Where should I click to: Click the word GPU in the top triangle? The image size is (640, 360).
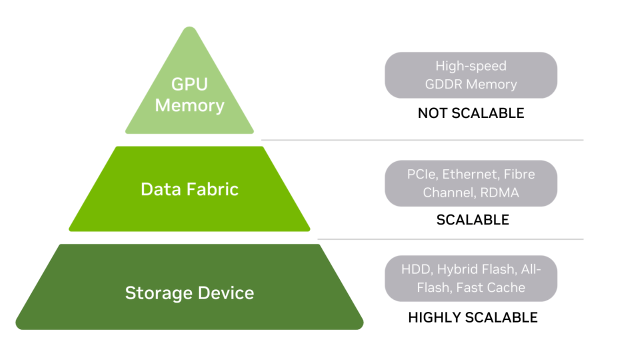click(x=189, y=84)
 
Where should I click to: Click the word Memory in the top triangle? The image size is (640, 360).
click(x=189, y=105)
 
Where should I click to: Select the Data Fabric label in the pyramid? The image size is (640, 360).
click(x=189, y=189)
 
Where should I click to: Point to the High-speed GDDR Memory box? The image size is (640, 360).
click(x=470, y=75)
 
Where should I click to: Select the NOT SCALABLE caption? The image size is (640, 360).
click(x=470, y=113)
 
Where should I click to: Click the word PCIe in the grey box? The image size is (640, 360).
click(x=422, y=174)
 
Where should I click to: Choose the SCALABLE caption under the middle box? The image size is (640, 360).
click(x=472, y=220)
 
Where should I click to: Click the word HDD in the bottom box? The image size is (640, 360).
click(x=416, y=269)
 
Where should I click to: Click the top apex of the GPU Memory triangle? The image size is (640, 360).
click(x=189, y=28)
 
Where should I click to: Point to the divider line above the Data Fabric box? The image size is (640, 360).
click(x=422, y=140)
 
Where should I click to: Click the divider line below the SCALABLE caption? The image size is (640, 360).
click(x=450, y=239)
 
